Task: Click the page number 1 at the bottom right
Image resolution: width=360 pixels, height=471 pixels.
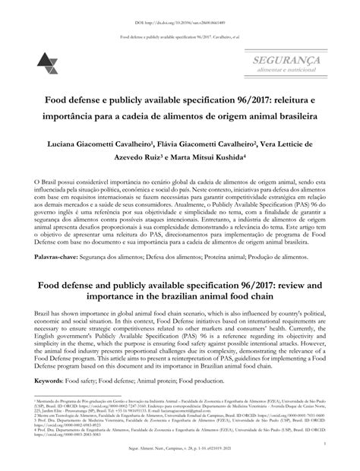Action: click(x=324, y=443)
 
